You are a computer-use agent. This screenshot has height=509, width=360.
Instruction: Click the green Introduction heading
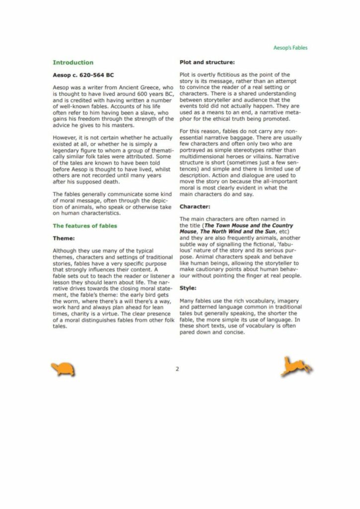(73, 63)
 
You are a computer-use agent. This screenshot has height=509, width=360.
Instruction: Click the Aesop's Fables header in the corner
(290, 48)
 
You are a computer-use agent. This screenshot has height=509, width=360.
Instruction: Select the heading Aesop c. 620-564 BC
(83, 75)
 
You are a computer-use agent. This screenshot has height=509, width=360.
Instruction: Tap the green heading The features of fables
(85, 226)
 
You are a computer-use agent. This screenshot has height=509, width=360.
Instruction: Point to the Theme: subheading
(64, 238)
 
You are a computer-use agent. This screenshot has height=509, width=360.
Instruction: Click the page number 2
(177, 369)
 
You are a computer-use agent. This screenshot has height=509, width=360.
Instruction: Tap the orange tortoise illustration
(63, 369)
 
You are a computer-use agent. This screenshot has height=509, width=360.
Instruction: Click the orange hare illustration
(296, 367)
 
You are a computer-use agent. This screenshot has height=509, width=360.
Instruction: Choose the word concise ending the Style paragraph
(233, 332)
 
